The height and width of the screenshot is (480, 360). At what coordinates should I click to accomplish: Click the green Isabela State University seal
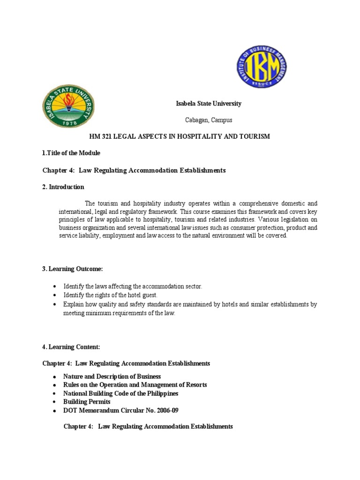click(68, 106)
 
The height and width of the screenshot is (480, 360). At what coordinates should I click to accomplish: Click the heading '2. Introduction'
click(63, 187)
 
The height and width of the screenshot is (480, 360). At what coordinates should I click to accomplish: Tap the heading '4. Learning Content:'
click(71, 347)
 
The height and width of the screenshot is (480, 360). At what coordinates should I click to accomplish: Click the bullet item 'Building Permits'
click(87, 402)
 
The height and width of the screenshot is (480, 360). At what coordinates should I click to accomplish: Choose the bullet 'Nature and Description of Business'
click(112, 376)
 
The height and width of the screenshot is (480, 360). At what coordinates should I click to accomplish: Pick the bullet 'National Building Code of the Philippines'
click(120, 393)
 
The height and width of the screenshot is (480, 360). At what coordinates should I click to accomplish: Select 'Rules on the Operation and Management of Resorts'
click(135, 385)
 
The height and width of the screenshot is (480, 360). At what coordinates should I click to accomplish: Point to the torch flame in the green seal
click(68, 100)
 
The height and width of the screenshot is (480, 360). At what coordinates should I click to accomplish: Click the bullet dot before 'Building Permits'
click(55, 402)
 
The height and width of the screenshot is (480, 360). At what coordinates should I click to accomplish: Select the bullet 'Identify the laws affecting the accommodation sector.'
click(133, 286)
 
